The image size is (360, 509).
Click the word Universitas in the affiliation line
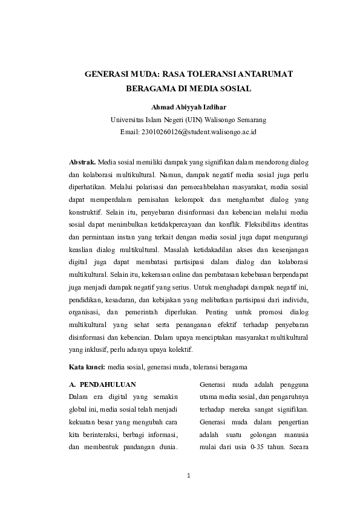point(137,120)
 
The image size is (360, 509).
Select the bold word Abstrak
point(82,163)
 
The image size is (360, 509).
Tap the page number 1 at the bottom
point(189,476)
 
